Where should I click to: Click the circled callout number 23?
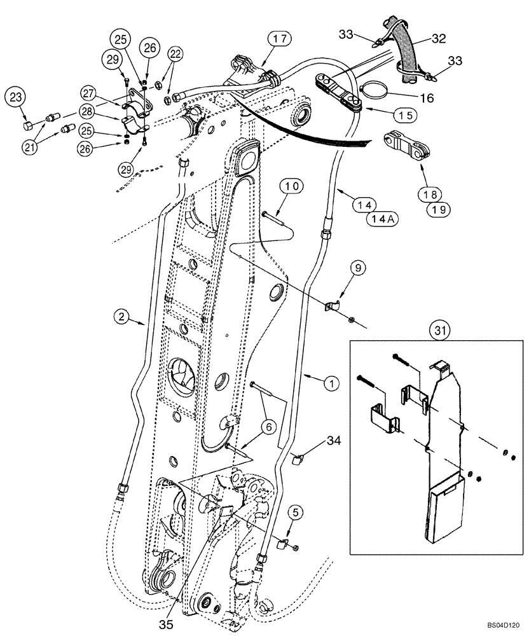point(16,99)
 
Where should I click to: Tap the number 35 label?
point(166,624)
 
